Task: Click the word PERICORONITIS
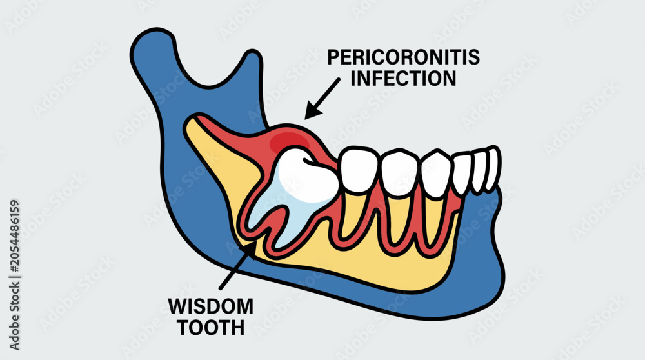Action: (x=403, y=57)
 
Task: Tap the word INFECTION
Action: (x=403, y=78)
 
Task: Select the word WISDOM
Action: (x=211, y=306)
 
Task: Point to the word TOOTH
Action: (x=211, y=328)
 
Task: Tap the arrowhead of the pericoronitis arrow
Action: (x=312, y=110)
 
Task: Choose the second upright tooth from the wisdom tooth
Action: (x=400, y=173)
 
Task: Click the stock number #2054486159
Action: (x=14, y=237)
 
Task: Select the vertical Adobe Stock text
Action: (x=14, y=275)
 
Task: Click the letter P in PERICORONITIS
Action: (x=333, y=57)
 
